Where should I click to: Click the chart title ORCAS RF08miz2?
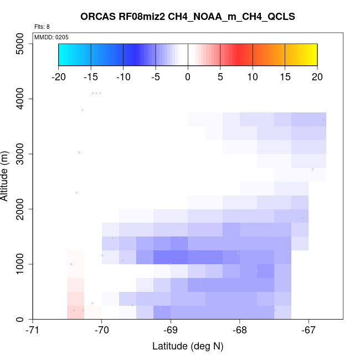[188, 17]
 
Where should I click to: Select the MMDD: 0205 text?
[52, 37]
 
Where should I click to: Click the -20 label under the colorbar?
[58, 76]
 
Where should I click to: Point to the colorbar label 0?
[188, 76]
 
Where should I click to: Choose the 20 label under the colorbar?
[317, 76]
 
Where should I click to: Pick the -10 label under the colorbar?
[123, 76]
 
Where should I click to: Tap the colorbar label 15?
[285, 76]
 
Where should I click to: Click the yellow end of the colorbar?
[313, 54]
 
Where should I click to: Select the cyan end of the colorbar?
[63, 54]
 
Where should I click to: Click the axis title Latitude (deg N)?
[188, 347]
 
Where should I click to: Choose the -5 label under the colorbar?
[155, 76]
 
